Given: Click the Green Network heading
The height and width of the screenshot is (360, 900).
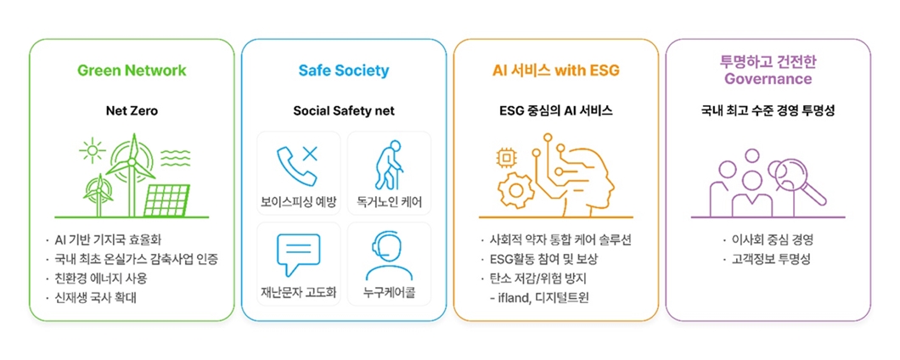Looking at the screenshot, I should (132, 70).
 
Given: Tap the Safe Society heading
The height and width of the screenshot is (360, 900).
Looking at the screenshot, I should (343, 70).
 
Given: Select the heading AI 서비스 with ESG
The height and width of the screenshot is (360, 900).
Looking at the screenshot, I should (555, 70).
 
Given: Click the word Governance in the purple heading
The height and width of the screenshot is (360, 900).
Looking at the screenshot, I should (768, 79).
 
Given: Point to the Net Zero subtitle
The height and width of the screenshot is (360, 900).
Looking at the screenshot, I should (132, 110).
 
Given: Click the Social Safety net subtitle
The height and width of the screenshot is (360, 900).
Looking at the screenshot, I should (343, 110).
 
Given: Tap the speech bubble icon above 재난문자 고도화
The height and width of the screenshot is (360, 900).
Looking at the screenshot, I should (298, 254).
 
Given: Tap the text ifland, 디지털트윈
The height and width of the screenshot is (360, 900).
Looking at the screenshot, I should (544, 298).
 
